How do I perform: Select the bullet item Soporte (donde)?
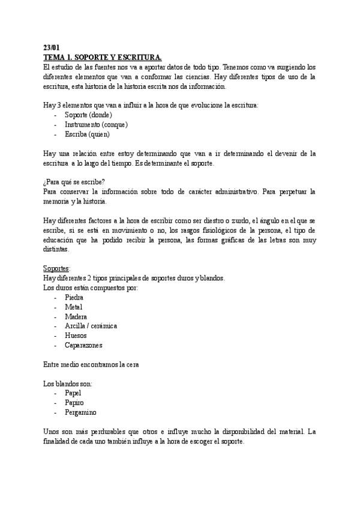(x=88, y=115)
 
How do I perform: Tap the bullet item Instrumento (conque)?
(x=96, y=124)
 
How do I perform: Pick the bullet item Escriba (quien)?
(x=87, y=134)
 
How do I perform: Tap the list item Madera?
(x=76, y=316)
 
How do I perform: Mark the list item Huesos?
(x=76, y=336)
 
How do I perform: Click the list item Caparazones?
(x=83, y=345)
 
